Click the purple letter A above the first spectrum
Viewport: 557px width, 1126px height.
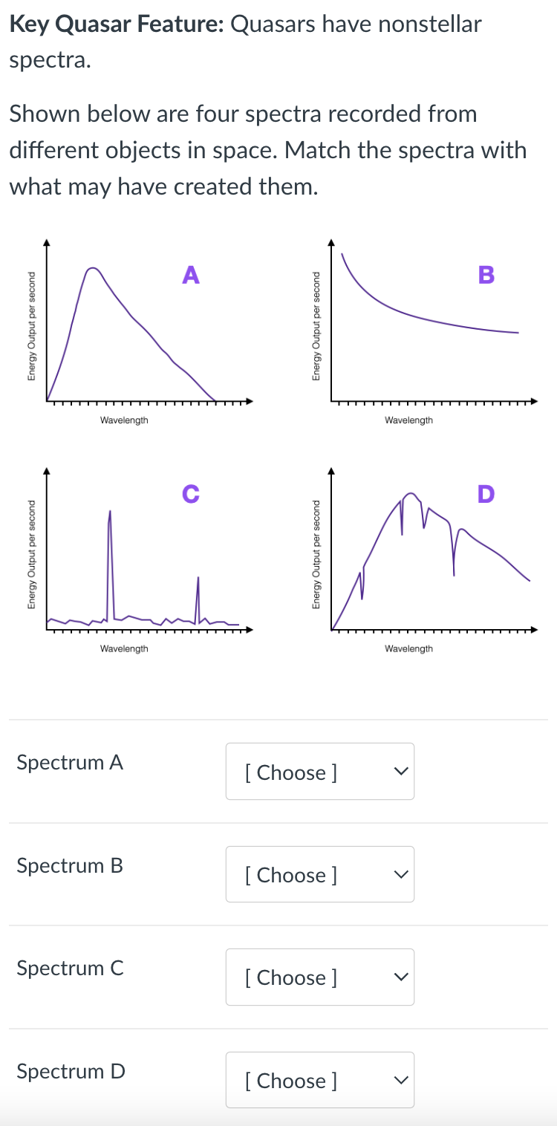click(191, 275)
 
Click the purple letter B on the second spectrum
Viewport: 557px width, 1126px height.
click(486, 274)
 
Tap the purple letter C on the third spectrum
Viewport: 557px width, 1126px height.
click(191, 493)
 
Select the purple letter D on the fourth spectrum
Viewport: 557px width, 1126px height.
click(486, 493)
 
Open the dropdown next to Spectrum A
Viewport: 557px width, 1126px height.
click(319, 772)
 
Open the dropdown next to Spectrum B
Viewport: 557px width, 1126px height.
click(319, 874)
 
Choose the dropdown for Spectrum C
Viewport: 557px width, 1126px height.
click(319, 977)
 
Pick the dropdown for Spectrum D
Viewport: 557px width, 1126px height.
click(319, 1080)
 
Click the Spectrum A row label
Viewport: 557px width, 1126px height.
click(70, 762)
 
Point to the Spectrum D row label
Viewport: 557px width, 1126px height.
click(71, 1071)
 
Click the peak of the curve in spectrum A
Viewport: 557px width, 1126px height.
click(92, 268)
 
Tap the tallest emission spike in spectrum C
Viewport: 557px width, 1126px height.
click(110, 512)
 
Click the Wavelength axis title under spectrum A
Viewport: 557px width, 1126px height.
click(124, 420)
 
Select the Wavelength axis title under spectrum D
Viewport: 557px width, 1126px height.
click(408, 648)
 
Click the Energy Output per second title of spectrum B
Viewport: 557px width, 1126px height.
click(316, 325)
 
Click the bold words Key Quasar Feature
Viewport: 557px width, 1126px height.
click(116, 25)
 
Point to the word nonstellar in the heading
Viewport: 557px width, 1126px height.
click(430, 25)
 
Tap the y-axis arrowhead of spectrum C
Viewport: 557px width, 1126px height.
click(47, 470)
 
